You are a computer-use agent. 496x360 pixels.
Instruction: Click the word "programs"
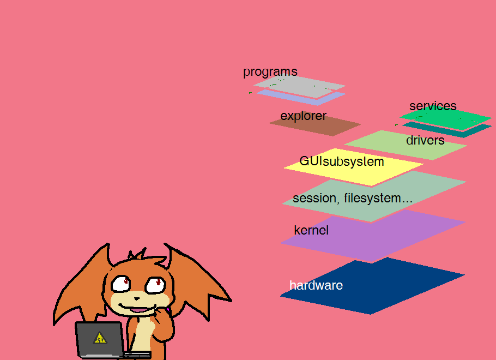point(270,71)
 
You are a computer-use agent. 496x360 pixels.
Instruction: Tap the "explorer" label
point(303,116)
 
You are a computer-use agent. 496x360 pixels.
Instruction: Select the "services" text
point(433,106)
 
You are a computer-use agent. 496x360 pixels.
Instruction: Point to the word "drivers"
point(425,140)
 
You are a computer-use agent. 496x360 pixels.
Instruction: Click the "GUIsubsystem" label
point(342,161)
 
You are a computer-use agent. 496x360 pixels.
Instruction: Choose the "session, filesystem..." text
point(352,198)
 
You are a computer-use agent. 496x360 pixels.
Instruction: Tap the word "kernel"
point(311,230)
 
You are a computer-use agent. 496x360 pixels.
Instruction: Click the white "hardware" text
point(316,285)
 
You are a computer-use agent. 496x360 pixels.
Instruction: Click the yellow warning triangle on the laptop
point(100,338)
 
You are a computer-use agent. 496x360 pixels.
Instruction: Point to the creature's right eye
point(155,284)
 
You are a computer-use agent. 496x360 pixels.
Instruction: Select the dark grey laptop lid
point(100,339)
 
